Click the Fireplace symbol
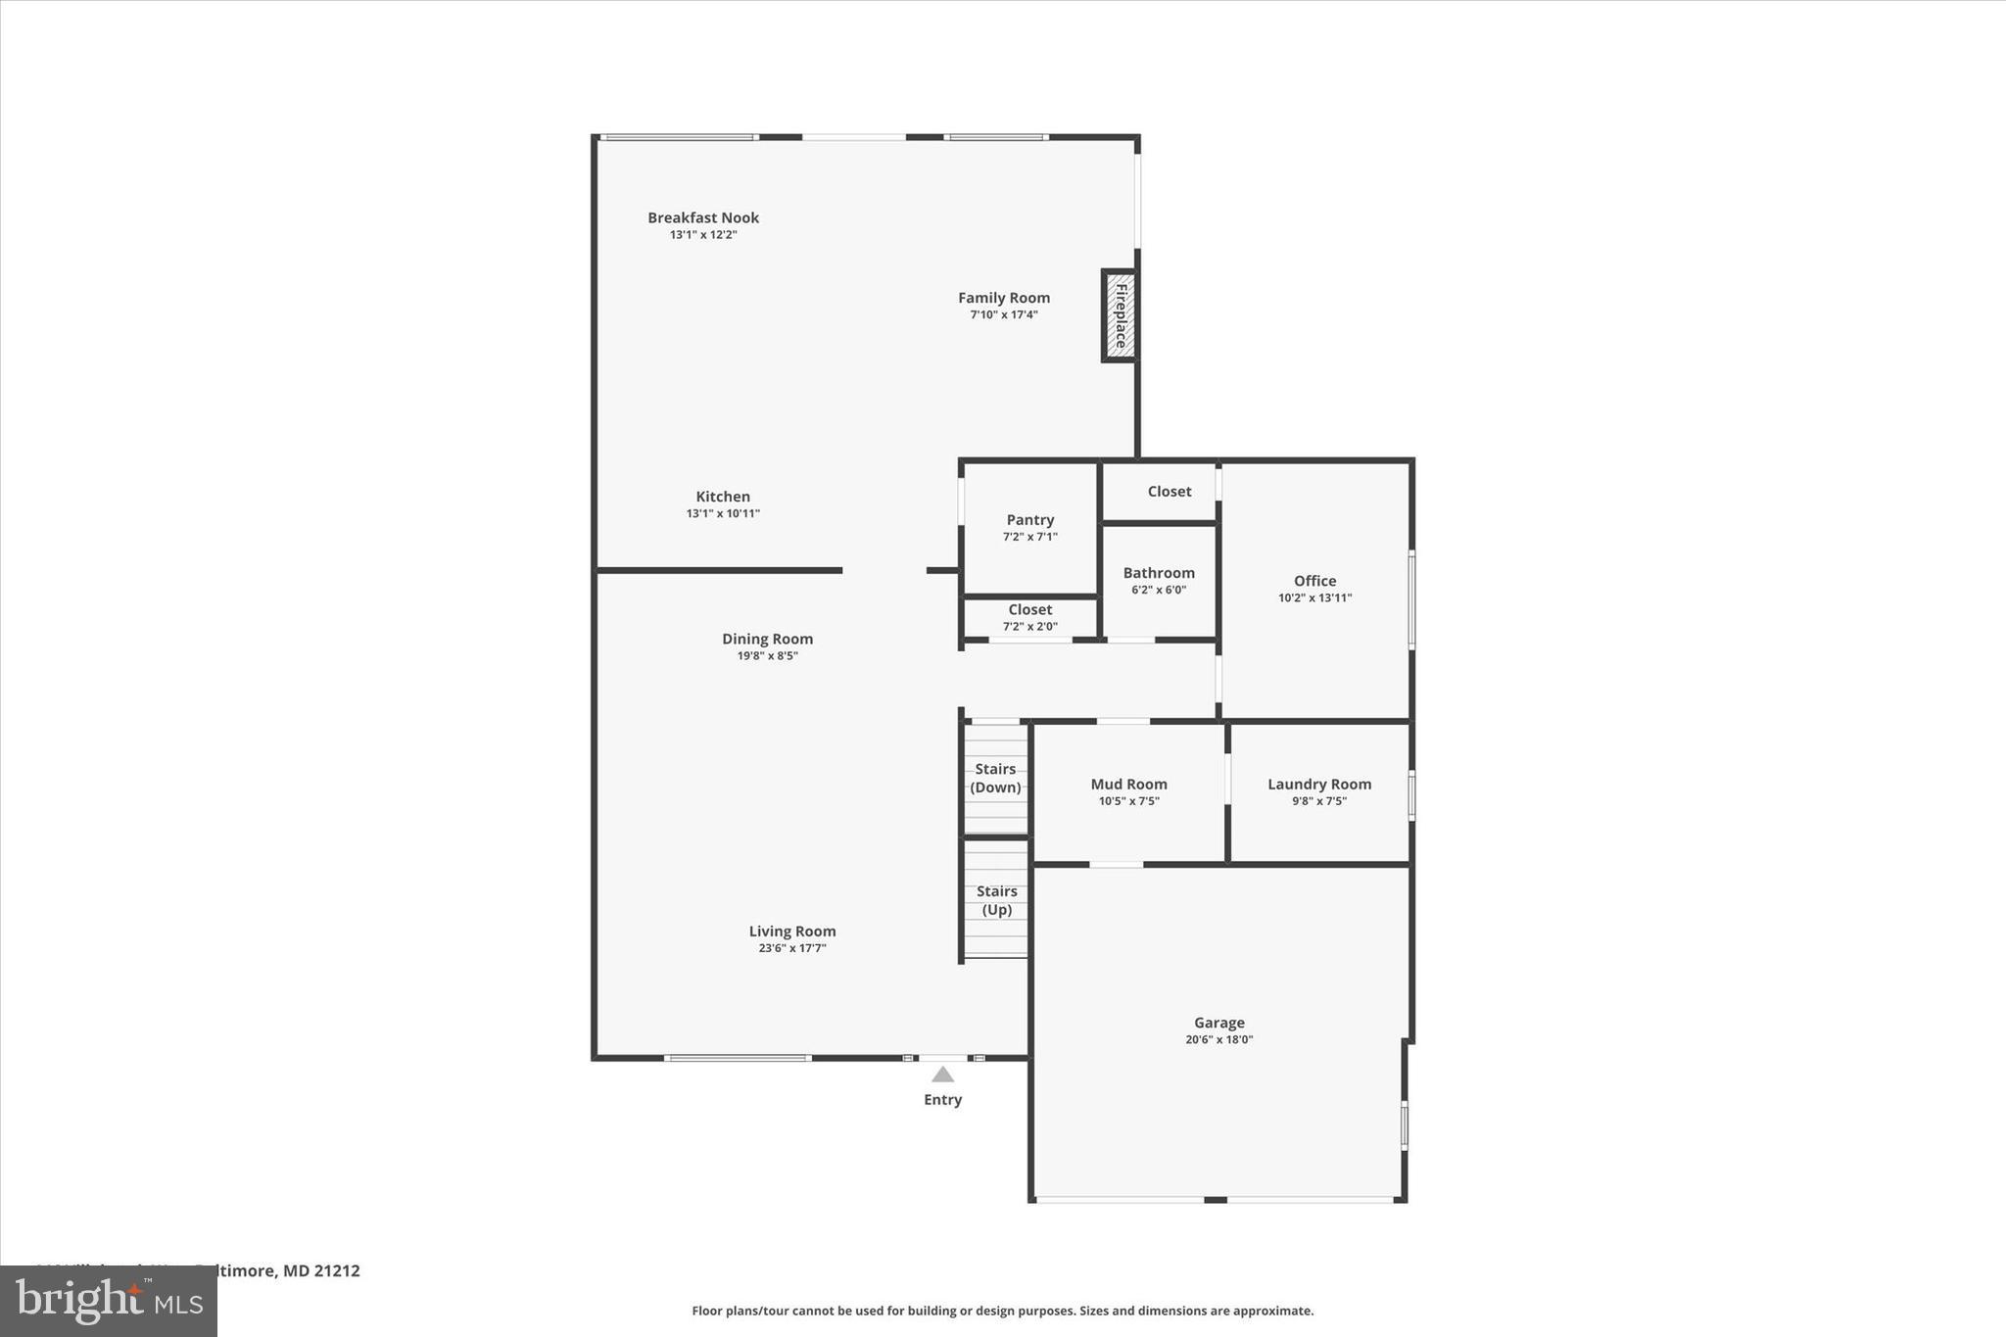[1120, 315]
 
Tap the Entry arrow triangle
[942, 1074]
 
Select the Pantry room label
[1029, 520]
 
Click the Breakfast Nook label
[702, 217]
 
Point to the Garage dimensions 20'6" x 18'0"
[1218, 1040]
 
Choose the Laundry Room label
[1318, 784]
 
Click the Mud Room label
[1128, 784]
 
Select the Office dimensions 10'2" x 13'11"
[1314, 597]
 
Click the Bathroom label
[1159, 573]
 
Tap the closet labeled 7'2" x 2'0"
[1029, 617]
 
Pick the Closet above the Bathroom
[1169, 492]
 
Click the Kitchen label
[723, 497]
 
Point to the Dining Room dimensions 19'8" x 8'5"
[767, 656]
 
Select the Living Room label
[792, 931]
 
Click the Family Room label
[1003, 298]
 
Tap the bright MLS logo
[108, 1301]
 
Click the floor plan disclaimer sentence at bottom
[1002, 1311]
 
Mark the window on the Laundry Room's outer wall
[1411, 794]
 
